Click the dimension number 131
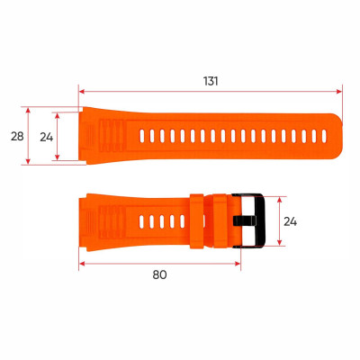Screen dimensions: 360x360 pyautogui.click(x=211, y=80)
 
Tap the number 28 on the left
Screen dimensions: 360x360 pyautogui.click(x=16, y=136)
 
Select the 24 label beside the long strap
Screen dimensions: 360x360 pyautogui.click(x=47, y=136)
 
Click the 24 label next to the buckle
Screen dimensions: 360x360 pyautogui.click(x=291, y=221)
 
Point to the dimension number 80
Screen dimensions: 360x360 pyautogui.click(x=159, y=274)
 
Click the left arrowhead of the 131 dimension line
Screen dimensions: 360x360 pyautogui.click(x=82, y=91)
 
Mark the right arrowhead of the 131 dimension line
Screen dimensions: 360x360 pyautogui.click(x=340, y=91)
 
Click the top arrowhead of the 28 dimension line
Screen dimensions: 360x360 pyautogui.click(x=29, y=111)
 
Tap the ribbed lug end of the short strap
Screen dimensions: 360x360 pyautogui.click(x=99, y=220)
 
